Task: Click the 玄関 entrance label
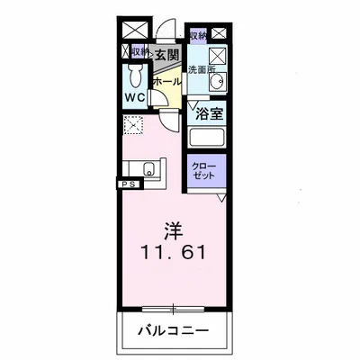166,55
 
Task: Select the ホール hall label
167,82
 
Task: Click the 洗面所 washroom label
198,69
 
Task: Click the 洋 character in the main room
175,229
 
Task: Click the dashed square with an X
132,127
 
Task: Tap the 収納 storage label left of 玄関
139,51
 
